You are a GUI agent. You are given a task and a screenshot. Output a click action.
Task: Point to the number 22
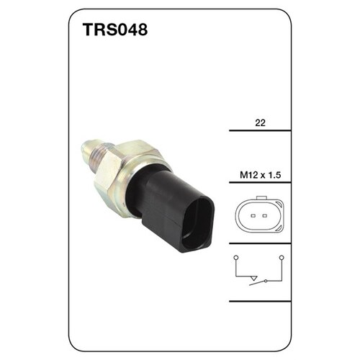point(260,122)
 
